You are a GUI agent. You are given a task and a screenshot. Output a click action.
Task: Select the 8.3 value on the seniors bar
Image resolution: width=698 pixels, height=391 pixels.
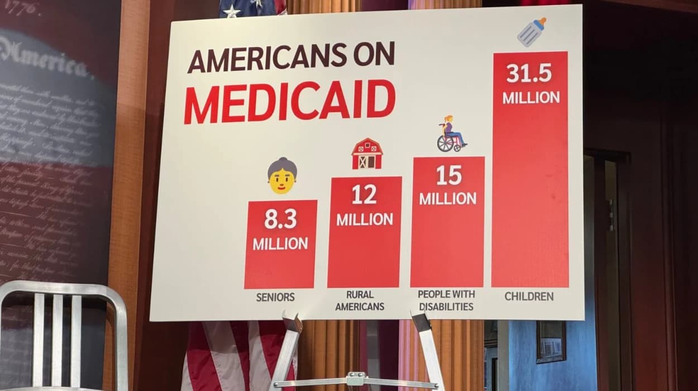[x=280, y=220]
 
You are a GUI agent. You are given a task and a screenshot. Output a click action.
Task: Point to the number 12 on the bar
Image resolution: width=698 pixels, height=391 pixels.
[x=364, y=194]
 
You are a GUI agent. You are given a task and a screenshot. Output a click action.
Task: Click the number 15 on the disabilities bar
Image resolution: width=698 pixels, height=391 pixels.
[x=448, y=175]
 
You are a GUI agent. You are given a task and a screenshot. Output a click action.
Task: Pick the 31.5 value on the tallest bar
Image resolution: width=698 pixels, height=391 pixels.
[x=529, y=73]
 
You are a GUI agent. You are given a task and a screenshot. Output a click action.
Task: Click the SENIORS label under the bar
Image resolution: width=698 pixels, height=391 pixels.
[x=275, y=297]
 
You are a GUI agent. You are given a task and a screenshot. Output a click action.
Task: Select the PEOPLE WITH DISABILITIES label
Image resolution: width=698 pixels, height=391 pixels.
[x=446, y=300]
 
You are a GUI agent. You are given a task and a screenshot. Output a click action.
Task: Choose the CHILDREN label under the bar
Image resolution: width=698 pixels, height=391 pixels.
[x=529, y=296]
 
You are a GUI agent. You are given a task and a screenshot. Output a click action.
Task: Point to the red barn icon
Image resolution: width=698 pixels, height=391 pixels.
[x=367, y=154]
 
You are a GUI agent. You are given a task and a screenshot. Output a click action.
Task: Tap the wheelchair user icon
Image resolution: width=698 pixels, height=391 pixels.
[x=451, y=135]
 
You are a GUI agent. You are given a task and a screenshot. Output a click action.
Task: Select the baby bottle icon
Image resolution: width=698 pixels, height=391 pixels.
[x=531, y=32]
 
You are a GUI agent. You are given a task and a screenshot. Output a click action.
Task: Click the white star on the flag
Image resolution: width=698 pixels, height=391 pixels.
[x=232, y=11]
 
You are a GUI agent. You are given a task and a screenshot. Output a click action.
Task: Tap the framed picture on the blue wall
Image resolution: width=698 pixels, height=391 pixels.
[x=550, y=341]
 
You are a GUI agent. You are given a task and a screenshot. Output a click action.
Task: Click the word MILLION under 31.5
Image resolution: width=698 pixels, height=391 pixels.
[x=530, y=97]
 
